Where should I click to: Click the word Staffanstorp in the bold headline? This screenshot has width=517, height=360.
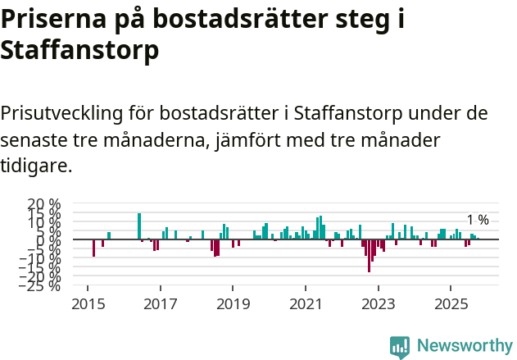pyautogui.click(x=79, y=50)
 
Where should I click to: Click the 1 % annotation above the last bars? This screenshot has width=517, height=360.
pyautogui.click(x=478, y=220)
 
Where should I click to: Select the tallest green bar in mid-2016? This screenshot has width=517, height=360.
pyautogui.click(x=139, y=226)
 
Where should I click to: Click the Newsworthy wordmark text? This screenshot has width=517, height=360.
pyautogui.click(x=465, y=345)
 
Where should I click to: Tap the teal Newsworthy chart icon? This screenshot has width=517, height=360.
pyautogui.click(x=400, y=346)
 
